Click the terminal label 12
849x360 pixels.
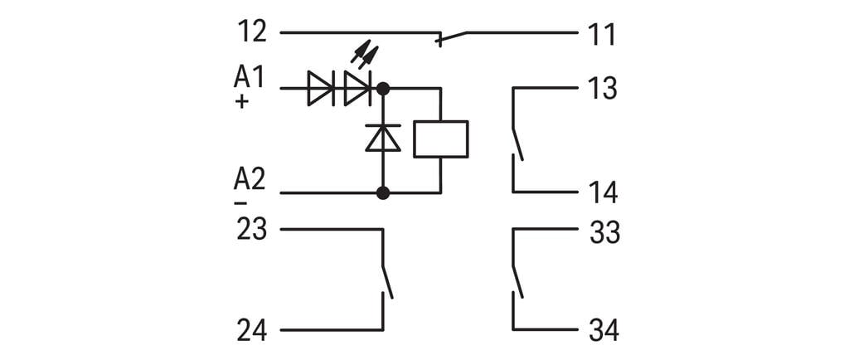coord(252,32)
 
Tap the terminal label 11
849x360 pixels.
coord(603,35)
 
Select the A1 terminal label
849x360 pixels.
coord(249,78)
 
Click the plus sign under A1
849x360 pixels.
coord(242,102)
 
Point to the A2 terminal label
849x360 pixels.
coord(249,179)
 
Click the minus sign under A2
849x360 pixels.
coord(240,202)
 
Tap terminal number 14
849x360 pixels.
coord(604,192)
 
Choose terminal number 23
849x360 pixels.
coord(252,229)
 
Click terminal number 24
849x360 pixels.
coord(252,331)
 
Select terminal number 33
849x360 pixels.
coord(604,233)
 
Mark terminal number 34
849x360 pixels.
coord(604,331)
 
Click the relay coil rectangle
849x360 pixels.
coord(441,139)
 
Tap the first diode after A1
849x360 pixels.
coord(320,88)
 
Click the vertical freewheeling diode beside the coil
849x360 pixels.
coord(383,138)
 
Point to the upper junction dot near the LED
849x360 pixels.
coord(383,87)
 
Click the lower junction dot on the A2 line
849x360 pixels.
coord(383,193)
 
